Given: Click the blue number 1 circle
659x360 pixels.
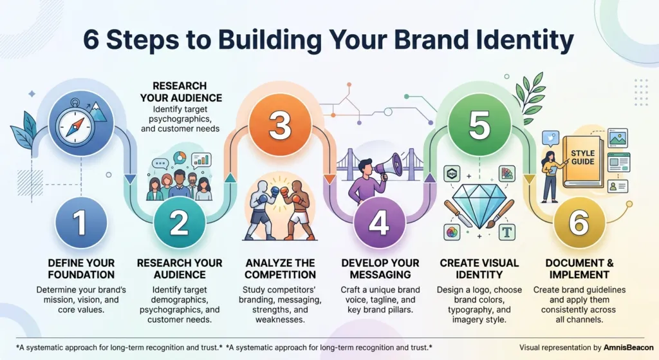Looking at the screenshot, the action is [81, 222].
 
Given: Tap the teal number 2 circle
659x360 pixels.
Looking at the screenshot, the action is [180, 223].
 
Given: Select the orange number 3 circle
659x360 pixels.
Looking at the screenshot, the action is [280, 126].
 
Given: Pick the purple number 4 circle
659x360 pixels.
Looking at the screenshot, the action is [379, 223].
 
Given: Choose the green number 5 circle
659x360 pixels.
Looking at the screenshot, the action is [479, 126].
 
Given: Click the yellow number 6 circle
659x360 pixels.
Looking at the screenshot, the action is [579, 223].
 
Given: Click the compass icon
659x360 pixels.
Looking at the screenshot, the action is [75, 124].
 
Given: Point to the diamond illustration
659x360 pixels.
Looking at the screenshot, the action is [479, 205].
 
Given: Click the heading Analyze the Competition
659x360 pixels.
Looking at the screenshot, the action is [281, 269].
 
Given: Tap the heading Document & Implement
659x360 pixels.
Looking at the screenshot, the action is [579, 269].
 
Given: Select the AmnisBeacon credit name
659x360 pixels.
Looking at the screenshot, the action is [628, 347].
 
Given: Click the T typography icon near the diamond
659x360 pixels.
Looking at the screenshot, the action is [507, 232].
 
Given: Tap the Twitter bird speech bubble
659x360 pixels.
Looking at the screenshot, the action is [551, 139].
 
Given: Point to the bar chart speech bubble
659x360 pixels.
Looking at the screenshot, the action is [201, 160].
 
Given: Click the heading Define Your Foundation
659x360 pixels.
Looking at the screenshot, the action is [81, 269].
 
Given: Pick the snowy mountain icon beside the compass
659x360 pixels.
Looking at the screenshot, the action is [98, 112].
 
